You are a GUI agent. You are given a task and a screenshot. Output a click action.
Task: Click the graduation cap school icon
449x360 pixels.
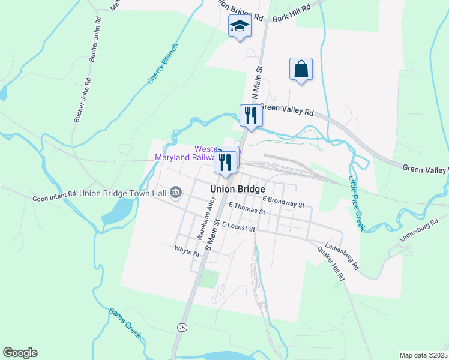point(239,26)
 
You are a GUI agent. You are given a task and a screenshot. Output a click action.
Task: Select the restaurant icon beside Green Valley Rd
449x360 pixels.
point(250,115)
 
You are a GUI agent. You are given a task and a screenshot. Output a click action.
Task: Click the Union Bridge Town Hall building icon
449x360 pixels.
point(176,193)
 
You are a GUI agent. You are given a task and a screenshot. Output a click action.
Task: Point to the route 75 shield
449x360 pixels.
point(181,327)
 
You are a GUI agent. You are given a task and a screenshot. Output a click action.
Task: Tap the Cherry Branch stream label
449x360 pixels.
point(163,64)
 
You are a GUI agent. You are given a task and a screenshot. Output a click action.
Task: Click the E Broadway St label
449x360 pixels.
point(283,202)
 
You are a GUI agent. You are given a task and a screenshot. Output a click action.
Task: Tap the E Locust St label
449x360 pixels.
point(238,226)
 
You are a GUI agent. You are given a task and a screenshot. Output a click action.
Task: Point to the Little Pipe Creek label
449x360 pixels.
point(357,203)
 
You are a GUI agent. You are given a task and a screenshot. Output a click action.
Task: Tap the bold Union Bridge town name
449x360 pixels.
point(238,188)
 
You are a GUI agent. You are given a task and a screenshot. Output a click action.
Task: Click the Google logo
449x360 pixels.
point(20,353)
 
